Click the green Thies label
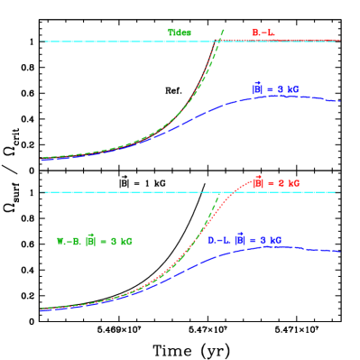(x=180, y=32)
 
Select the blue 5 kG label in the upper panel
(x=275, y=89)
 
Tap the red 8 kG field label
(x=275, y=183)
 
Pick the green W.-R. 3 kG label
(x=95, y=241)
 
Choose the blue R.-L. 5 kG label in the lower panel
(x=245, y=240)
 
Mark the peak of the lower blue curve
(x=269, y=246)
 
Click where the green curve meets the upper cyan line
(x=219, y=41)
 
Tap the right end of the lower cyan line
(x=337, y=192)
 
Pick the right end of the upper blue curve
(x=339, y=102)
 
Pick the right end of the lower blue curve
(x=339, y=252)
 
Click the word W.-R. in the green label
(x=69, y=241)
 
